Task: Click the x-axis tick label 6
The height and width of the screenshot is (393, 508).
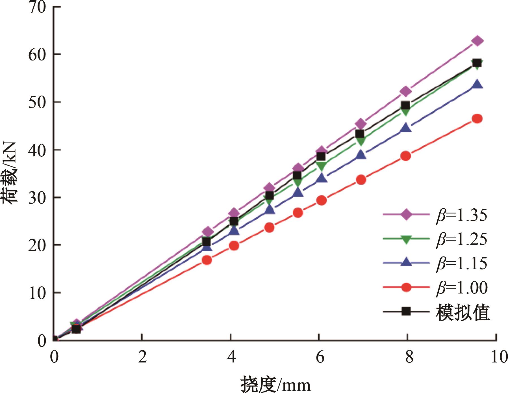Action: pos(320,357)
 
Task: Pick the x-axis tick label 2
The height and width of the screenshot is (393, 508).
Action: pos(143,357)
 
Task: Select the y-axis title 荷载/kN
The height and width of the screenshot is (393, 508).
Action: pos(11,172)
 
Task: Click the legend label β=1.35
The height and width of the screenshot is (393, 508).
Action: pos(462,215)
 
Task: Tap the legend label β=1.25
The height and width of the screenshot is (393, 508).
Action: pos(462,239)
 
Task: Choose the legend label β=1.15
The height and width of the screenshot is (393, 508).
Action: pos(462,263)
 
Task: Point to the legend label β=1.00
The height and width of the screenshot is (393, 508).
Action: pos(462,288)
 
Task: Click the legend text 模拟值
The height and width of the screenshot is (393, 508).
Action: pos(463,312)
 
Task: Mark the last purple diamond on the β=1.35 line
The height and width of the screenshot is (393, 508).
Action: pos(477,41)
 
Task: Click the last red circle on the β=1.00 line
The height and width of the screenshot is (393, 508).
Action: pos(477,119)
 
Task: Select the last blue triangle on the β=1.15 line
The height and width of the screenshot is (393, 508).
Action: pos(477,84)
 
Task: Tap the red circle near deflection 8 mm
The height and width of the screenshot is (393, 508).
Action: pos(406,156)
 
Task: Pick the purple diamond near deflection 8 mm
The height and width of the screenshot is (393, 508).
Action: pos(406,91)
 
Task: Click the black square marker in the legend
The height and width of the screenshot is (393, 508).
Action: pos(406,312)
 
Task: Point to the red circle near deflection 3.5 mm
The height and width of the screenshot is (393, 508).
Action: pos(207,260)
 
